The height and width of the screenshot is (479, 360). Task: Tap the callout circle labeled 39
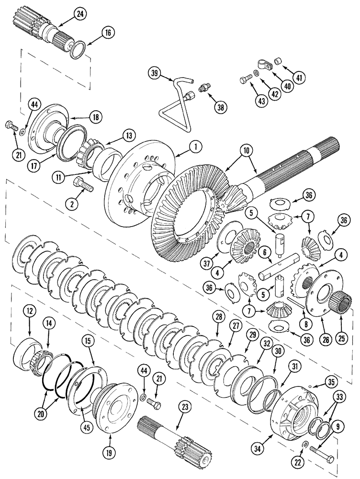154,73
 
